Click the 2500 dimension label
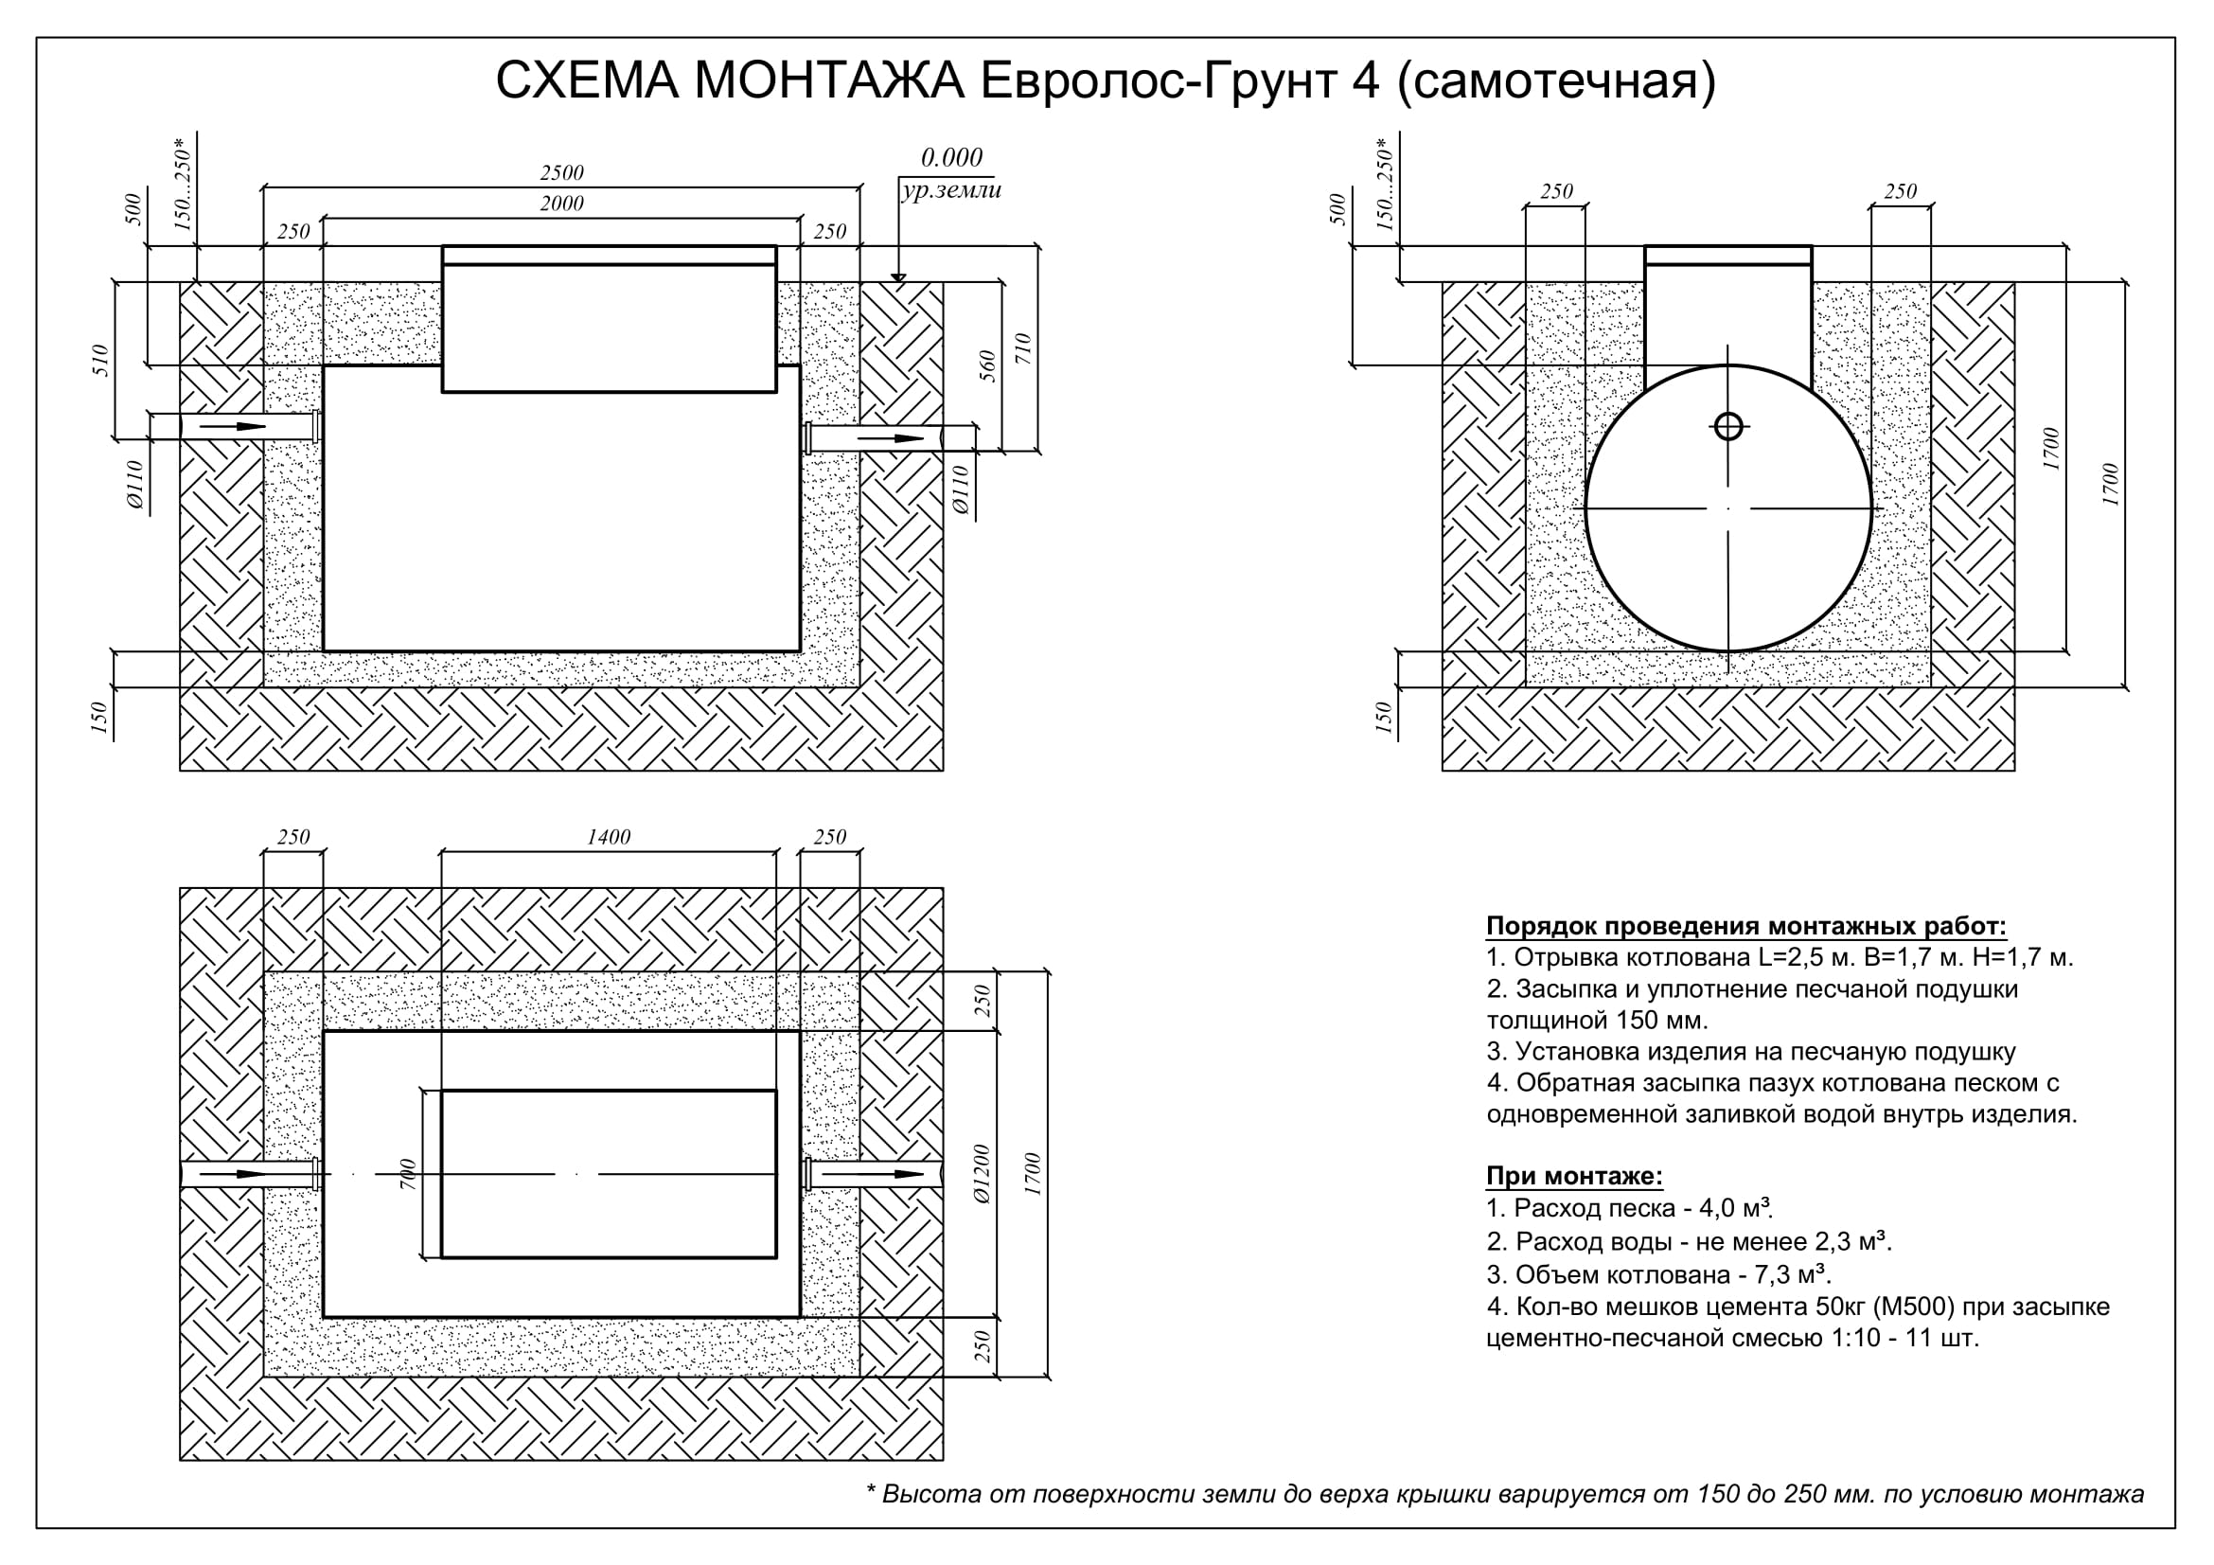561,172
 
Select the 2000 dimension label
561,204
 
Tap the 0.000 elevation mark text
951,157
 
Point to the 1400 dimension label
609,837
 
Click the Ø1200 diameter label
983,1173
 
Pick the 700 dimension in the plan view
408,1173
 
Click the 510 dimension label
101,361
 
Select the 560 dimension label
988,366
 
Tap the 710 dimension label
1024,348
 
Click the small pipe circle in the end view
1728,425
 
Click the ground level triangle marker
898,277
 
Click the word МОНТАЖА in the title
828,81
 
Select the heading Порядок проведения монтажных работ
1746,927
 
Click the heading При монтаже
1575,1177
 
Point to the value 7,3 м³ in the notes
1793,1273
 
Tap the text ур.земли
951,191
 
